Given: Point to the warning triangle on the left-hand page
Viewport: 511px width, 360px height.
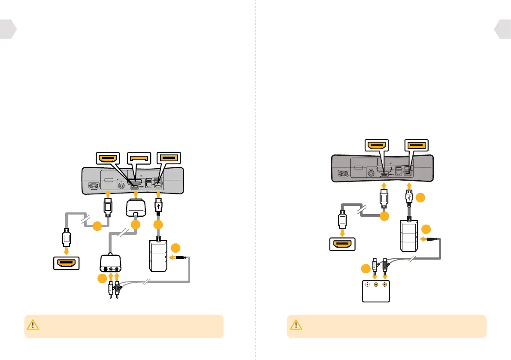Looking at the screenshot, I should coord(32,325).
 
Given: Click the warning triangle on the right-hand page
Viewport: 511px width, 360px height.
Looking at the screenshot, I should coord(295,325).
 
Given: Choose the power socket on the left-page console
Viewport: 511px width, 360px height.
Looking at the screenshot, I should coord(96,186).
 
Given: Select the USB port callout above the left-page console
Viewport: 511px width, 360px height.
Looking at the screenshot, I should coord(168,158).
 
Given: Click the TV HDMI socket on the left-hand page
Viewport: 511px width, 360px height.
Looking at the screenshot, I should coord(66,263).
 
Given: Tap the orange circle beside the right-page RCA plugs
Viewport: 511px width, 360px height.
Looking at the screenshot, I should coord(365,269).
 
